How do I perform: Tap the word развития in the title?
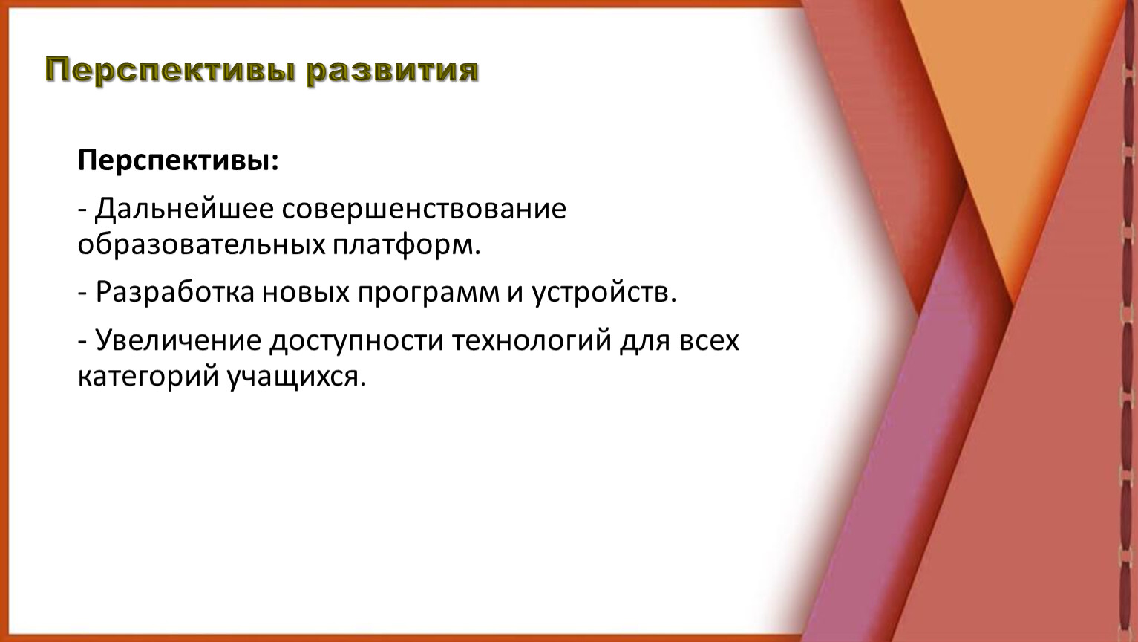392,70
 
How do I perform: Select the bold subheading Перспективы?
178,162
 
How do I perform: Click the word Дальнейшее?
184,210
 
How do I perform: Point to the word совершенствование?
424,210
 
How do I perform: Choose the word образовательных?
201,245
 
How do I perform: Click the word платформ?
407,246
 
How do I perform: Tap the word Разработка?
174,293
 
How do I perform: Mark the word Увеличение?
178,340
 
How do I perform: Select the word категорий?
148,377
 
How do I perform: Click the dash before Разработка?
83,294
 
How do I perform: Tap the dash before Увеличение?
83,342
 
